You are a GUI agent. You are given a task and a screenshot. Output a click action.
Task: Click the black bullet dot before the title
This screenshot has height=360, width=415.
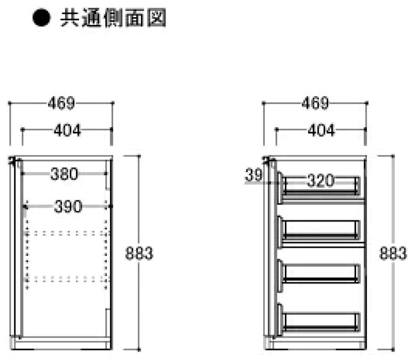(x=41, y=17)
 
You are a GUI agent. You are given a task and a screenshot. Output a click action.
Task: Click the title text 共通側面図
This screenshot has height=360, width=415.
(x=113, y=18)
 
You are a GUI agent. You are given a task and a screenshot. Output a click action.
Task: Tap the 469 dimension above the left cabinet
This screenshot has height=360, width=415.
(x=61, y=103)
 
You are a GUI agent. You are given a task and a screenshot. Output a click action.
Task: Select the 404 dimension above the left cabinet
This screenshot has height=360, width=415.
(x=68, y=130)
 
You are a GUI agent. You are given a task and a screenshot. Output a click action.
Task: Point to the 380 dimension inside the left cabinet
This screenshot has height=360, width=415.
(x=64, y=174)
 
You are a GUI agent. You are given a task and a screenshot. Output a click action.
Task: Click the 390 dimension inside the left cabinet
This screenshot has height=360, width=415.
(x=68, y=207)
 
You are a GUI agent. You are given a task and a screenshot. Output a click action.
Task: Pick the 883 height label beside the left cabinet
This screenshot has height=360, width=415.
(x=139, y=253)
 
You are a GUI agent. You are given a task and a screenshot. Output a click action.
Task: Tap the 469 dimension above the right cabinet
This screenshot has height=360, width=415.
(x=315, y=103)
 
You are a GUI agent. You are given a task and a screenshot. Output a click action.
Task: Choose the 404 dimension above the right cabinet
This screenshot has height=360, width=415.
(x=321, y=130)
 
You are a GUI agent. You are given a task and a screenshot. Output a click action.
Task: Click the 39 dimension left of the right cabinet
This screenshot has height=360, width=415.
(x=254, y=175)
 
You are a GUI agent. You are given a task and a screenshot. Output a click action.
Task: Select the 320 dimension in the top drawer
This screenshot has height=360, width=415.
(x=320, y=181)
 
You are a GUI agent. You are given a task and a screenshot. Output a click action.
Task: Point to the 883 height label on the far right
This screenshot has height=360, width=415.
(x=393, y=253)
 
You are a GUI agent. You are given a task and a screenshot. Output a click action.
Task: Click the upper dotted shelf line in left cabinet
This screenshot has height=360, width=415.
(x=68, y=233)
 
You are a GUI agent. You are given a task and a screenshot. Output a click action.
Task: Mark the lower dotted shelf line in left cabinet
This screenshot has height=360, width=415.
(x=68, y=279)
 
